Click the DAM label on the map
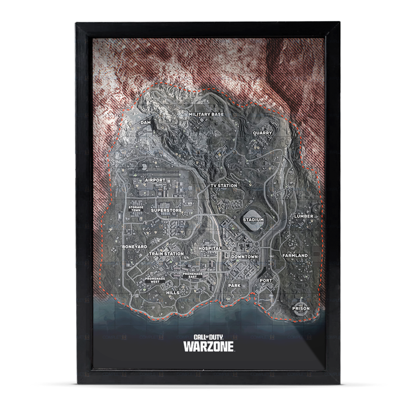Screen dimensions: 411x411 tap(145, 123)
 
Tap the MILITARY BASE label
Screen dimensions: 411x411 tap(206, 114)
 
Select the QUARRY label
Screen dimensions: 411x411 tap(263, 133)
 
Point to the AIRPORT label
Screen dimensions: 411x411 tap(155, 180)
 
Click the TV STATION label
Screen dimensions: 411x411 tap(224, 186)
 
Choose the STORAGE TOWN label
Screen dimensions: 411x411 tap(136, 208)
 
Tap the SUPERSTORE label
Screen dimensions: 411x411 tap(166, 210)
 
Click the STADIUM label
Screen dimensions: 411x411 tap(253, 220)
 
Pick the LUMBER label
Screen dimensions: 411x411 tap(303, 216)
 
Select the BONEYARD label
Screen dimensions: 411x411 tap(134, 247)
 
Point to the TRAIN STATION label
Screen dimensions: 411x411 tap(166, 253)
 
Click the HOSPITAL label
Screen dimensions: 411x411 tap(210, 249)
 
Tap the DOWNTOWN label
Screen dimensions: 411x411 tap(244, 257)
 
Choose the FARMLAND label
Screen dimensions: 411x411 tap(295, 255)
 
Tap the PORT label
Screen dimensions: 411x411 tap(266, 280)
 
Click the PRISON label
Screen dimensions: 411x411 tap(301, 308)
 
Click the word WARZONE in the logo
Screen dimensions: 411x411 tap(209, 347)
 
